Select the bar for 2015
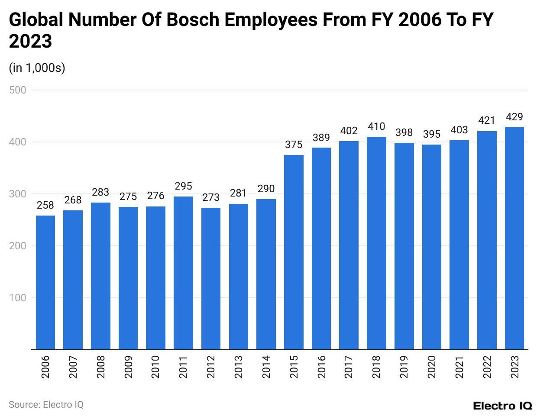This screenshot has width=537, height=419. pyautogui.click(x=294, y=252)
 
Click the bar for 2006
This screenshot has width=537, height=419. pyautogui.click(x=45, y=282)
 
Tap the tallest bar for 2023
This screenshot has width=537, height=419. pyautogui.click(x=514, y=238)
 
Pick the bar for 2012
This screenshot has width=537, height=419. pyautogui.click(x=211, y=278)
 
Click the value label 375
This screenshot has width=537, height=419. pyautogui.click(x=294, y=145)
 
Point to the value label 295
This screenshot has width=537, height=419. pyautogui.click(x=183, y=186)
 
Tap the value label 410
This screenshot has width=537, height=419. pyautogui.click(x=376, y=126)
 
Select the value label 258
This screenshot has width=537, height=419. pyautogui.click(x=45, y=205)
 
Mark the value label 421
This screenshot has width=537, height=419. pyautogui.click(x=487, y=120)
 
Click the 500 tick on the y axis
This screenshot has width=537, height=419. pyautogui.click(x=18, y=90)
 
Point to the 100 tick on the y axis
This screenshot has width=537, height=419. pyautogui.click(x=18, y=298)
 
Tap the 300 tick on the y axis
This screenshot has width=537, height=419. pyautogui.click(x=18, y=194)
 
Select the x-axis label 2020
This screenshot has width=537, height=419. pyautogui.click(x=432, y=367)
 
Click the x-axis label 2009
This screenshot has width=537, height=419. pyautogui.click(x=128, y=367)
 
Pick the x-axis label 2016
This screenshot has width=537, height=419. pyautogui.click(x=321, y=367)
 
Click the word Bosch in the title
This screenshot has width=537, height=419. pyautogui.click(x=193, y=20)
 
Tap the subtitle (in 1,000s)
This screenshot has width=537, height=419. pyautogui.click(x=37, y=68)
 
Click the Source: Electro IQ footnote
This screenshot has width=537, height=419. pyautogui.click(x=46, y=405)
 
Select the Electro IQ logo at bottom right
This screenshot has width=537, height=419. pyautogui.click(x=502, y=406)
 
